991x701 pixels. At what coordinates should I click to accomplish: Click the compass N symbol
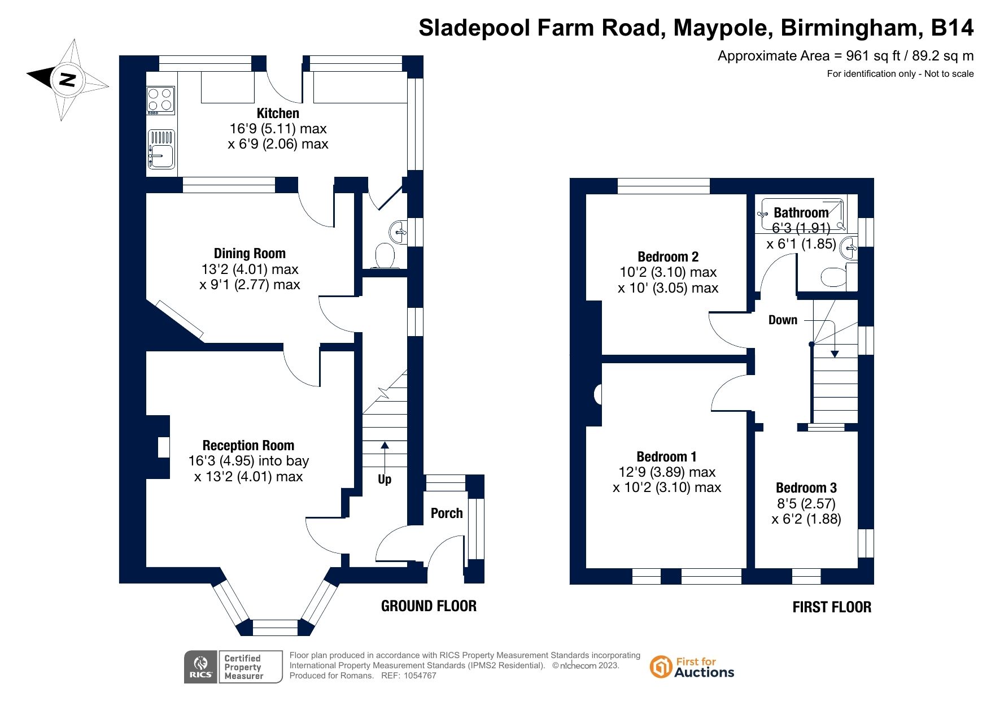pos(67,79)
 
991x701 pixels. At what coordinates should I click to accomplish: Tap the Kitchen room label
pos(278,113)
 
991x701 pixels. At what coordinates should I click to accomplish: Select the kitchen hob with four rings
pos(160,100)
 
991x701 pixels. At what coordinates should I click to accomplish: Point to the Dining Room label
pos(250,254)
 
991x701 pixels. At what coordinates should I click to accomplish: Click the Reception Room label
pos(248,446)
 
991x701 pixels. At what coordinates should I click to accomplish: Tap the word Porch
pos(447,513)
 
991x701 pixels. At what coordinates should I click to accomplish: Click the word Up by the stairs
pos(385,480)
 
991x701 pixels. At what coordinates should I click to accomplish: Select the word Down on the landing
pos(783,320)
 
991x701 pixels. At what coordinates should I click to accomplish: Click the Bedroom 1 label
pos(666,456)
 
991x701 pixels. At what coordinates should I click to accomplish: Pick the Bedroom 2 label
pos(668,257)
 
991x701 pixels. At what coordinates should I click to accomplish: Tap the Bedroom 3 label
pos(806,488)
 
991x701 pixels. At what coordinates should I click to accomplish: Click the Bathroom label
pos(801,213)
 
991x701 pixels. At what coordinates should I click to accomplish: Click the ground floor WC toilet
pos(385,256)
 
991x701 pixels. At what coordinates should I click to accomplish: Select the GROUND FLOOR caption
pos(429,606)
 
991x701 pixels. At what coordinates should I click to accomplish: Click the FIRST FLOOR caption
pos(832,607)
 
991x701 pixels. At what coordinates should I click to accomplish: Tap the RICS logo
pos(201,667)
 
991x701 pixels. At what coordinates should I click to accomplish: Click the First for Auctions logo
pos(692,667)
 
